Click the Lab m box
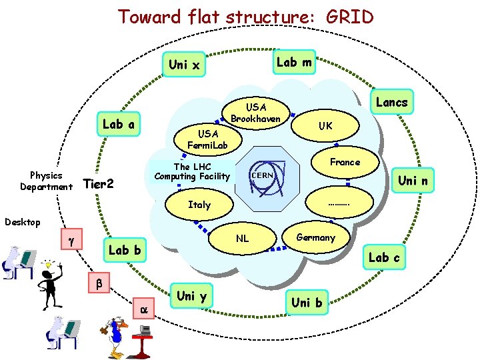294,62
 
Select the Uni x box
184,65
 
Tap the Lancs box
391,102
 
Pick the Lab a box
119,124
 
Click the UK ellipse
325,125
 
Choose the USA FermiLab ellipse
207,140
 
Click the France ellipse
345,162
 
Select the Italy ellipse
199,205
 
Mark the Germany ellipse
315,238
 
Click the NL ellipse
243,238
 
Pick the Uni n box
413,180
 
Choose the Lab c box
384,257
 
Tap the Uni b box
307,302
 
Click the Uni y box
191,296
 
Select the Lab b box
125,250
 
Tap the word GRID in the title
349,16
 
